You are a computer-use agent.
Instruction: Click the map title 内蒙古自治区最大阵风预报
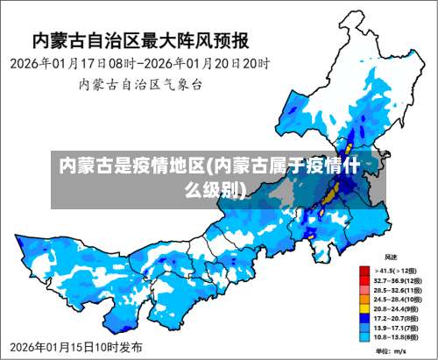tap(141, 40)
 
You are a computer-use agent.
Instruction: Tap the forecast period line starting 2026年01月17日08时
tap(139, 64)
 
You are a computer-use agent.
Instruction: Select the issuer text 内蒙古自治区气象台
tap(141, 85)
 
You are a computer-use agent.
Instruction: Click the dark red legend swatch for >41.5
tap(364, 271)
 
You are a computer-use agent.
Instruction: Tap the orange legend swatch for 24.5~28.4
tap(364, 299)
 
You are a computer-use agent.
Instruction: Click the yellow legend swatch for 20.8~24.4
tap(364, 308)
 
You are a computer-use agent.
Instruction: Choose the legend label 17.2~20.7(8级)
tap(396, 317)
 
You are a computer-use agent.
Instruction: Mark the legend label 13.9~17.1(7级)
tap(396, 327)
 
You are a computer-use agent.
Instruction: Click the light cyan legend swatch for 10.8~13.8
tap(364, 335)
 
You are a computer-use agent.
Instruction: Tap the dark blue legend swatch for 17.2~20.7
tap(364, 317)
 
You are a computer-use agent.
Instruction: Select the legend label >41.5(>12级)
tap(397, 271)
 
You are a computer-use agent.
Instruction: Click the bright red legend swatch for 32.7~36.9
tap(364, 280)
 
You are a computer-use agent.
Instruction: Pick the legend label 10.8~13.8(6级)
tap(396, 335)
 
